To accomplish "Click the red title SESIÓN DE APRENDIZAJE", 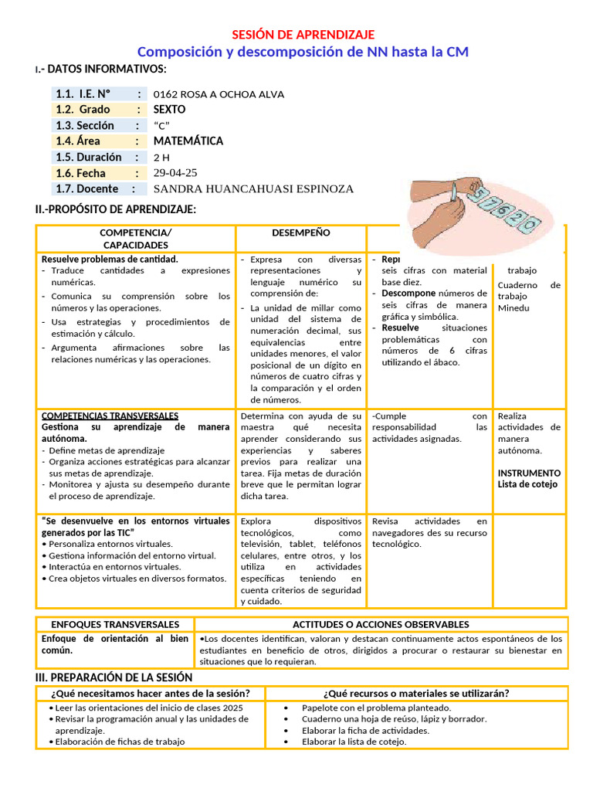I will pyautogui.click(x=303, y=35).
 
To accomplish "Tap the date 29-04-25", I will pyautogui.click(x=175, y=173).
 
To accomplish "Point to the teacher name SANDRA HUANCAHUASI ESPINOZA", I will pyautogui.click(x=253, y=189).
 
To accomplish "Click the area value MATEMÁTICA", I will pyautogui.click(x=188, y=141).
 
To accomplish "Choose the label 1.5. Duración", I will pyautogui.click(x=88, y=157).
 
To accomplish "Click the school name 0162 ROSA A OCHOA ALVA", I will pyautogui.click(x=219, y=94).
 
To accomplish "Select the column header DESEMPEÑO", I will pyautogui.click(x=300, y=233).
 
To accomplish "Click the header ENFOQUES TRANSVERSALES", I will pyautogui.click(x=115, y=624).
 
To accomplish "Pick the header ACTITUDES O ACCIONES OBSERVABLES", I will pyautogui.click(x=381, y=624).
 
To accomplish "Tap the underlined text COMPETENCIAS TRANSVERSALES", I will pyautogui.click(x=110, y=416).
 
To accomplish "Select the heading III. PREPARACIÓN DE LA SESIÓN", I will pyautogui.click(x=114, y=677).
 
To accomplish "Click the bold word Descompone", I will pyautogui.click(x=408, y=294).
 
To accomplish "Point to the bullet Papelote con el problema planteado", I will pyautogui.click(x=376, y=708).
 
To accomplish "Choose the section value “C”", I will pyautogui.click(x=161, y=126).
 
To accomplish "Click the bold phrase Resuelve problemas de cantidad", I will pyautogui.click(x=110, y=260).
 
